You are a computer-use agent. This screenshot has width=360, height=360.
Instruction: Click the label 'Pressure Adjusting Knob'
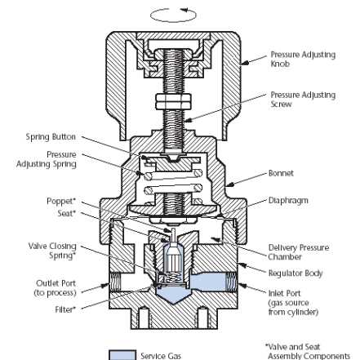[x=303, y=59]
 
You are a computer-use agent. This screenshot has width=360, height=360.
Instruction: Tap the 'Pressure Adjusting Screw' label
[x=303, y=100]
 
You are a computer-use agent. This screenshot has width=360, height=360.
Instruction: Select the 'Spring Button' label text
[x=51, y=136]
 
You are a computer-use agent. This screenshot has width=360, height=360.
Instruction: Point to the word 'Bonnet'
[x=281, y=173]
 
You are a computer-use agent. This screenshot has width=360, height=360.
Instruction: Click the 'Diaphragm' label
[x=288, y=201]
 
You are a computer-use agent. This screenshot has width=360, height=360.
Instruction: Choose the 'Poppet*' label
[x=61, y=202]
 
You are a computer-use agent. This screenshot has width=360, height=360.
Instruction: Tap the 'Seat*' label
[x=66, y=213]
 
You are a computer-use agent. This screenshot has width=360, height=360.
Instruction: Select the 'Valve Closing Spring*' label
[x=52, y=251]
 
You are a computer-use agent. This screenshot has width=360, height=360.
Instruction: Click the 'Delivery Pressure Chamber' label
[x=299, y=252]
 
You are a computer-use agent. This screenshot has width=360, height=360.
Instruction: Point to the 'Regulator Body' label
[x=296, y=273]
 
